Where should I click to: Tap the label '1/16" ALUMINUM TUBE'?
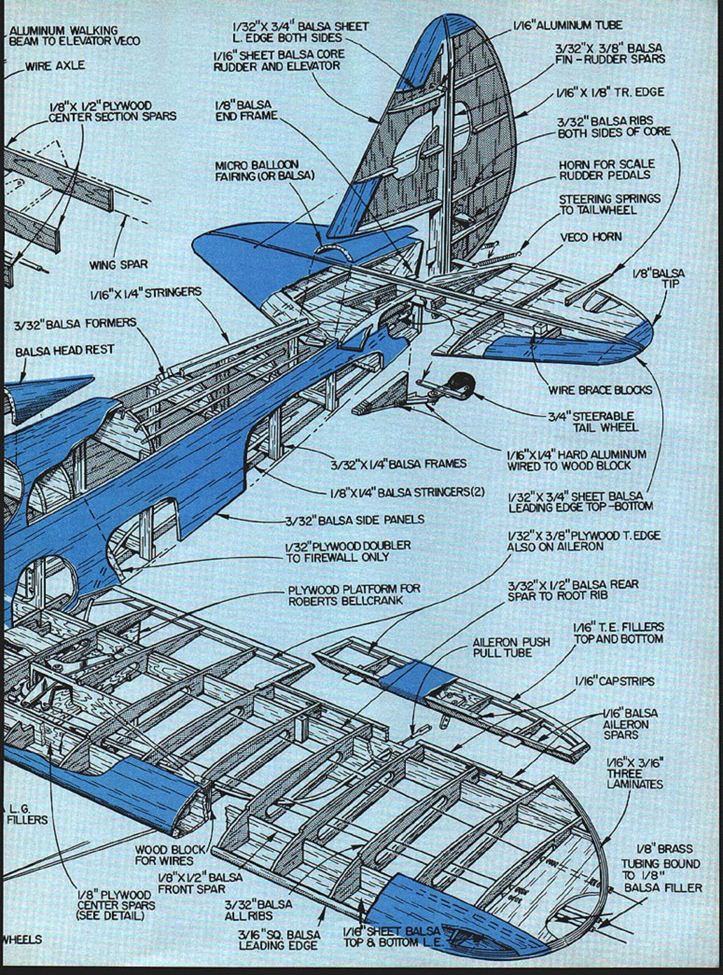[567, 25]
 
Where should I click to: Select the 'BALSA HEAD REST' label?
[64, 350]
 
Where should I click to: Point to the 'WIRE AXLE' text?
[55, 66]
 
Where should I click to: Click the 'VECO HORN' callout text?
[591, 237]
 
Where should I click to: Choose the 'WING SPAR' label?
[118, 265]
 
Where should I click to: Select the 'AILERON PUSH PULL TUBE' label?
[511, 647]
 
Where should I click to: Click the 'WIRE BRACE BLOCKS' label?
[600, 390]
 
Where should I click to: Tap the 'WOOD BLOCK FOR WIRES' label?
[170, 855]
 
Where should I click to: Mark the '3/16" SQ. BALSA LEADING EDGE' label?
[279, 940]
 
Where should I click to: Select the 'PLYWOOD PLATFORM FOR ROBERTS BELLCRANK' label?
[354, 595]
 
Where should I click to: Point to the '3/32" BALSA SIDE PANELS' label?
[354, 520]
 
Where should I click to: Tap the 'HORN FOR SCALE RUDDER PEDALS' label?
[606, 169]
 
